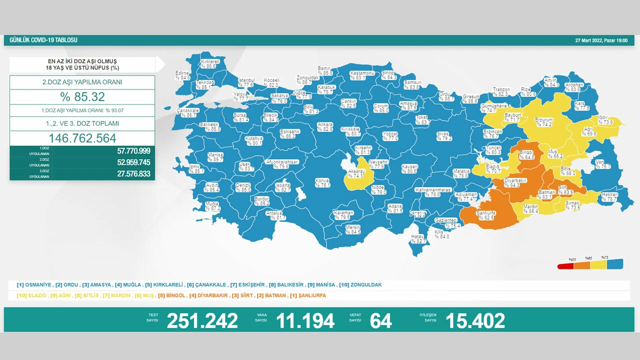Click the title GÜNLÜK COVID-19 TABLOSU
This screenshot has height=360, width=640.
click(41, 40)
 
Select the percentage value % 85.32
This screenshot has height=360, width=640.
click(82, 97)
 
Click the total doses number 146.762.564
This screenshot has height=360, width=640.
click(82, 138)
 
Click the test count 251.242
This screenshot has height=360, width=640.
click(202, 320)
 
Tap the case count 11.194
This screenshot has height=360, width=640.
click(305, 320)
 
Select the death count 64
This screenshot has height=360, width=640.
click(380, 320)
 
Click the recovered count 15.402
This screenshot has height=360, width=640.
click(475, 320)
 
